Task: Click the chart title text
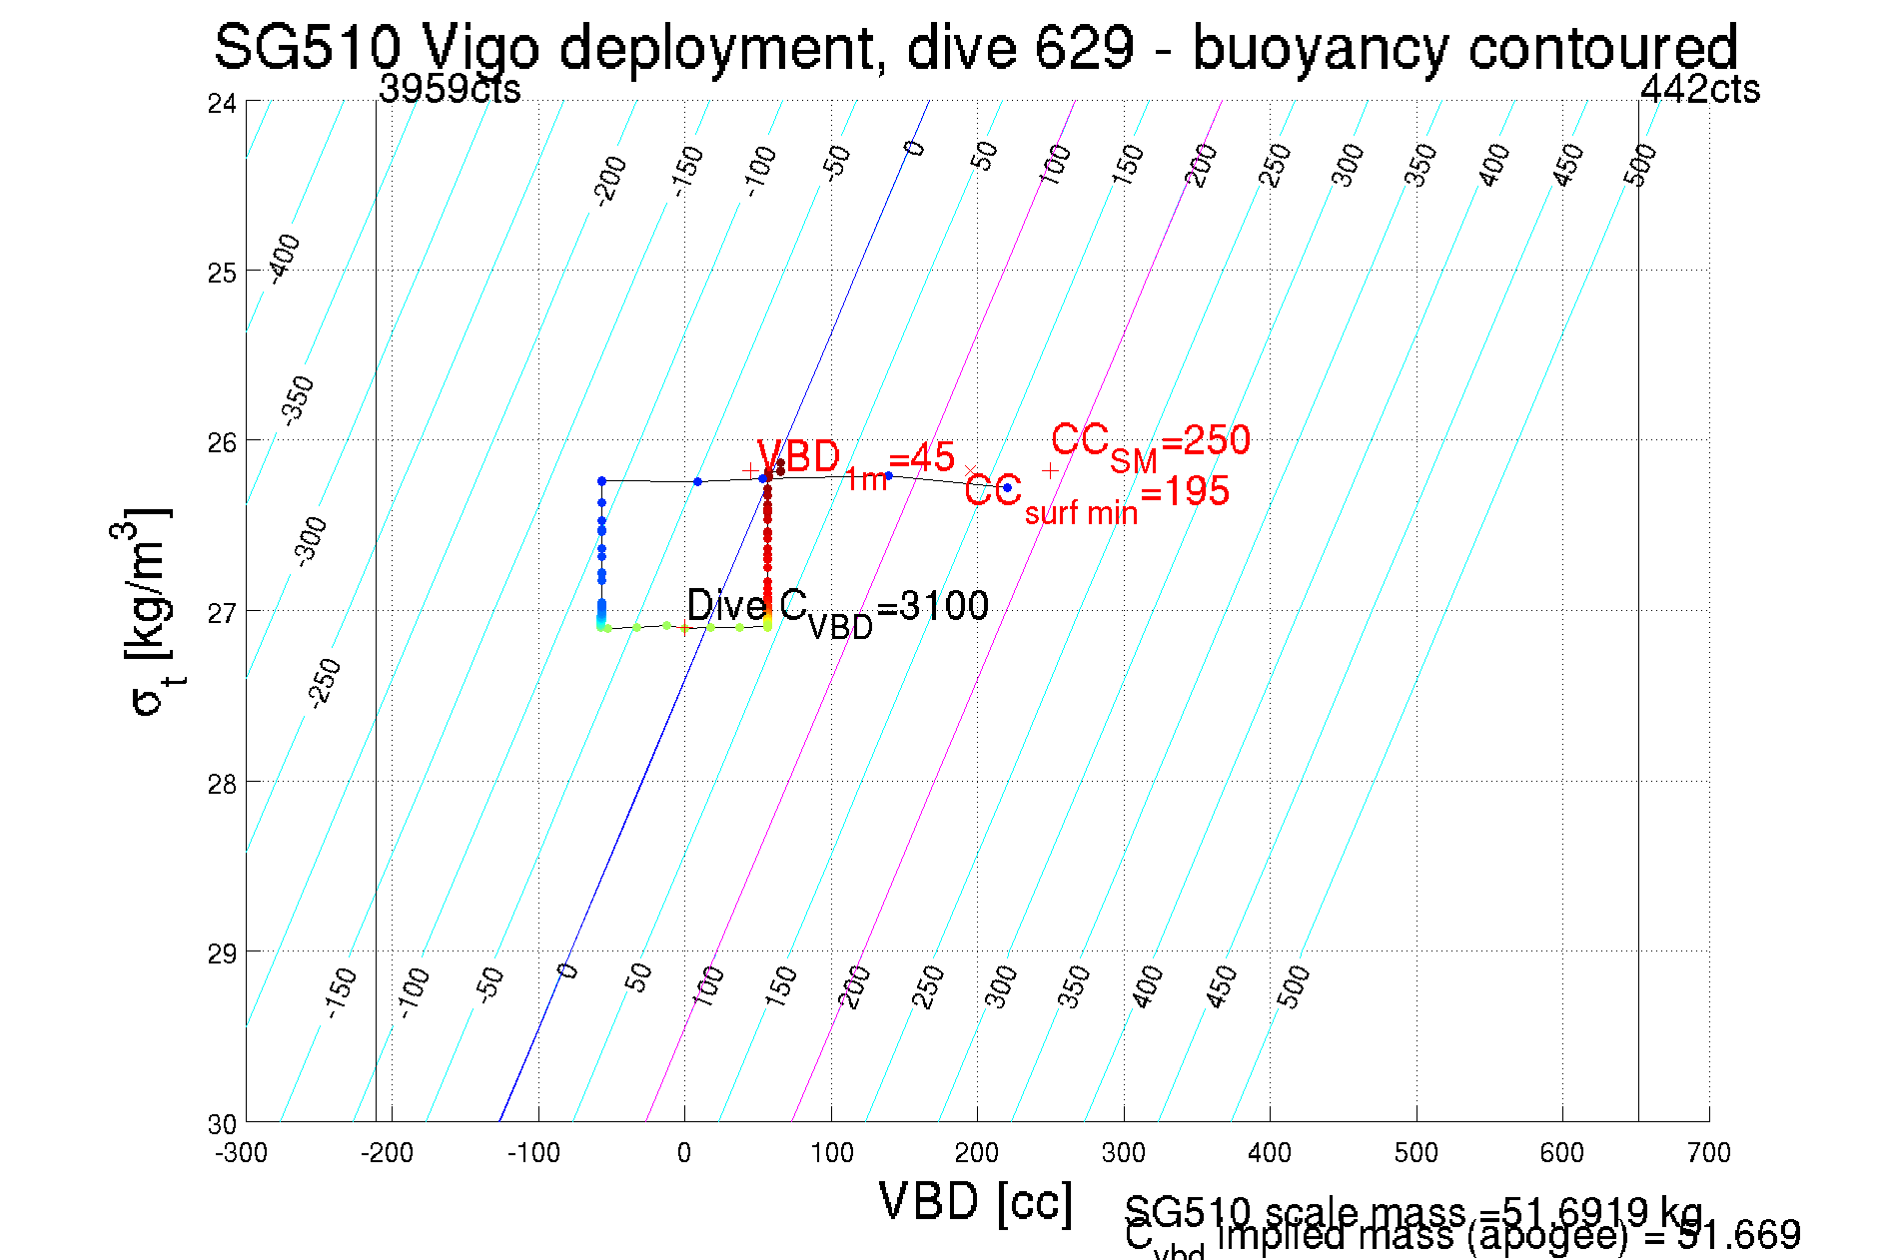click(975, 47)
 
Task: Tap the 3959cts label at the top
click(450, 90)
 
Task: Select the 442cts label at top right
click(1699, 90)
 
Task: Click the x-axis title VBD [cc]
click(976, 1201)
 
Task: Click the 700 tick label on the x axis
click(1708, 1153)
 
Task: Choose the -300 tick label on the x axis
click(242, 1153)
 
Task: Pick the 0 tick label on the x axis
click(684, 1153)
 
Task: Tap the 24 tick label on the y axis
click(222, 103)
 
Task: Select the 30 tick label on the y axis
click(222, 1124)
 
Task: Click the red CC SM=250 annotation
click(1150, 441)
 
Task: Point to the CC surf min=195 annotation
click(1096, 493)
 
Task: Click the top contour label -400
click(285, 259)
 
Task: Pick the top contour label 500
click(1640, 165)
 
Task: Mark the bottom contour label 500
click(1294, 987)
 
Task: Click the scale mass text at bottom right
click(1413, 1211)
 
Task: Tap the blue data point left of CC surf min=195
click(1007, 487)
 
